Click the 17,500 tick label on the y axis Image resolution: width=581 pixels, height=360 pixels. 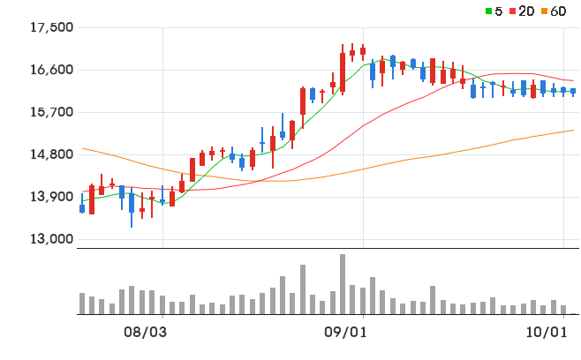51,27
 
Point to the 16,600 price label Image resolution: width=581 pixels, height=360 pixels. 51,70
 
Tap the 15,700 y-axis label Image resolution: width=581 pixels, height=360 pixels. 51,112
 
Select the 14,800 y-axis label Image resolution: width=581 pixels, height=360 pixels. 51,154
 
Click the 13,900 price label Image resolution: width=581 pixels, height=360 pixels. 51,197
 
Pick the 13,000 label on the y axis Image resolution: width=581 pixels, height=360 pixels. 51,239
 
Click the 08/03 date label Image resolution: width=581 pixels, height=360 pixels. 145,333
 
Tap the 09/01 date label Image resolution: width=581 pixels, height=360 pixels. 346,333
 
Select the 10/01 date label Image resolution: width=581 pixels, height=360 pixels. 547,333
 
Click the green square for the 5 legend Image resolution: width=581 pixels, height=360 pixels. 489,11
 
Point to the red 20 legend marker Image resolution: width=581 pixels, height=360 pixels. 513,11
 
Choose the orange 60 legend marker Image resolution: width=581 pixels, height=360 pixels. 544,11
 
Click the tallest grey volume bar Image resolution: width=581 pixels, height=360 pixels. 343,284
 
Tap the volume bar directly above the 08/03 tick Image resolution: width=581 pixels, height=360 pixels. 162,304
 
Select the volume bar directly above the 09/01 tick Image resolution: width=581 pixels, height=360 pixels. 363,301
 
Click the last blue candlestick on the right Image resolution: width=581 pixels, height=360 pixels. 573,92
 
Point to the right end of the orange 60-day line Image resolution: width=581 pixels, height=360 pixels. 574,130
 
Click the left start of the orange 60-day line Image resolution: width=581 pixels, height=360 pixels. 82,148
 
